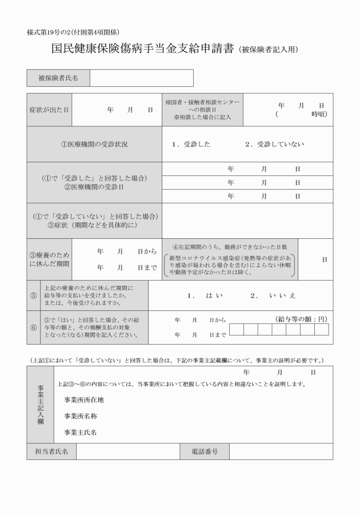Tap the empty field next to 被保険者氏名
click(x=141, y=78)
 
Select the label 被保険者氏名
click(x=58, y=78)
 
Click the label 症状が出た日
click(x=49, y=109)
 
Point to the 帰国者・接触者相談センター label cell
click(x=202, y=109)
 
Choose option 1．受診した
click(x=191, y=144)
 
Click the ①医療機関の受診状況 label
click(x=95, y=144)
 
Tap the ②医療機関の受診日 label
click(x=95, y=187)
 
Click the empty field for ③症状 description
click(x=247, y=221)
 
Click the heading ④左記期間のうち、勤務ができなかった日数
click(x=230, y=247)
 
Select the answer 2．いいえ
click(x=273, y=295)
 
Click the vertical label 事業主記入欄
click(x=41, y=404)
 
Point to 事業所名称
click(x=81, y=416)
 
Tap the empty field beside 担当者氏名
click(x=128, y=451)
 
